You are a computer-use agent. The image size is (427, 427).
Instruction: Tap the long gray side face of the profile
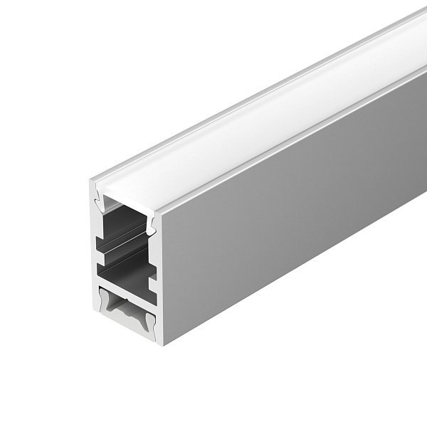299,213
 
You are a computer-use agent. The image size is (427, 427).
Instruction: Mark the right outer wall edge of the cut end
159,285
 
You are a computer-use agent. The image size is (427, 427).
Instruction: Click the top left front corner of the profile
92,182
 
